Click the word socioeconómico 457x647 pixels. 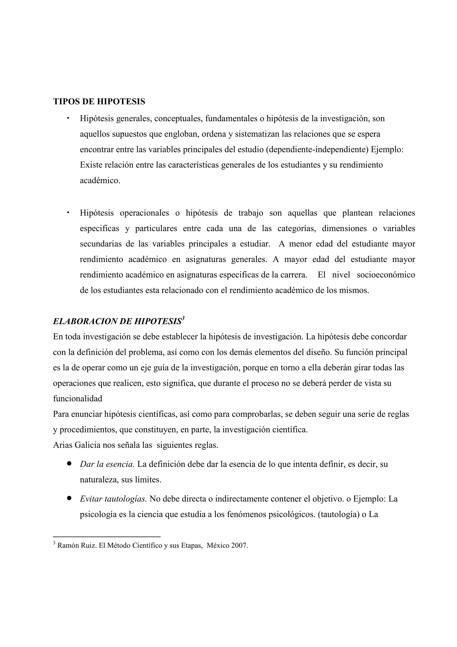(386, 275)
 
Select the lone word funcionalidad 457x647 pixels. (77, 399)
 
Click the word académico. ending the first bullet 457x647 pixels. (100, 180)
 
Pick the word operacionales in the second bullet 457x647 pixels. (144, 213)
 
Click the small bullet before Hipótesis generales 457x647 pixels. (68, 118)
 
